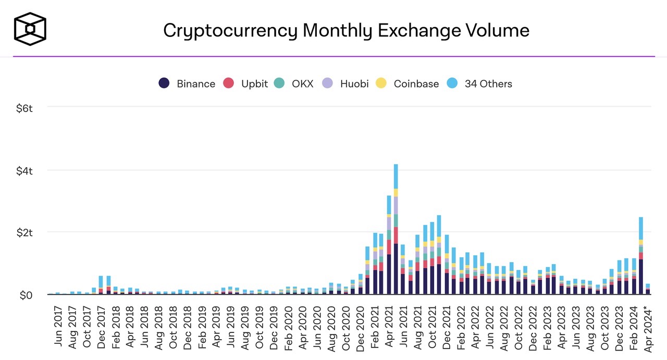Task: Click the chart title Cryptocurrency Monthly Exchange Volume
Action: pos(346,30)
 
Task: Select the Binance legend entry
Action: pos(187,83)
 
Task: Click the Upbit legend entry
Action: pos(246,83)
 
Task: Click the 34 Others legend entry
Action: pos(480,83)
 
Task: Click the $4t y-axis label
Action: pos(24,170)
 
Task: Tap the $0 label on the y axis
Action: pos(26,295)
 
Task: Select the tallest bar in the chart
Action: pos(396,229)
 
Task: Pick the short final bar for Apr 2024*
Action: pos(648,289)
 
